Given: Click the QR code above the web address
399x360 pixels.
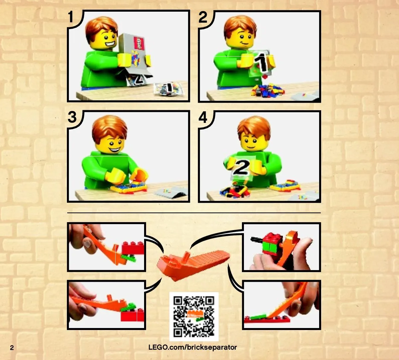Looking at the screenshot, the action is click(x=194, y=316).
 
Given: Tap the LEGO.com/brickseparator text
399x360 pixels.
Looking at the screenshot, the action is click(x=193, y=347).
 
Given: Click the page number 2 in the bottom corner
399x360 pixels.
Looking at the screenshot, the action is click(x=12, y=348).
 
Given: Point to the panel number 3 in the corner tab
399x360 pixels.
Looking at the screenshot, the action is click(x=72, y=117).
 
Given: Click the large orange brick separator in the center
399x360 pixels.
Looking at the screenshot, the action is click(x=193, y=265).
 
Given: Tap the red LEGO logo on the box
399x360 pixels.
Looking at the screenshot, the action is click(x=139, y=43).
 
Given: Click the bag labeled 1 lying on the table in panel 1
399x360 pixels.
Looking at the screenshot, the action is click(x=169, y=89).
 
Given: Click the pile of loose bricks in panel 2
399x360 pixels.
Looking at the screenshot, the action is click(x=267, y=90).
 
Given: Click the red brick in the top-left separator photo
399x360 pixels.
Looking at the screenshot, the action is click(x=132, y=248).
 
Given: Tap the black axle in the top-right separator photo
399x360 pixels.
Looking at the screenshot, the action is click(x=258, y=239).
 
